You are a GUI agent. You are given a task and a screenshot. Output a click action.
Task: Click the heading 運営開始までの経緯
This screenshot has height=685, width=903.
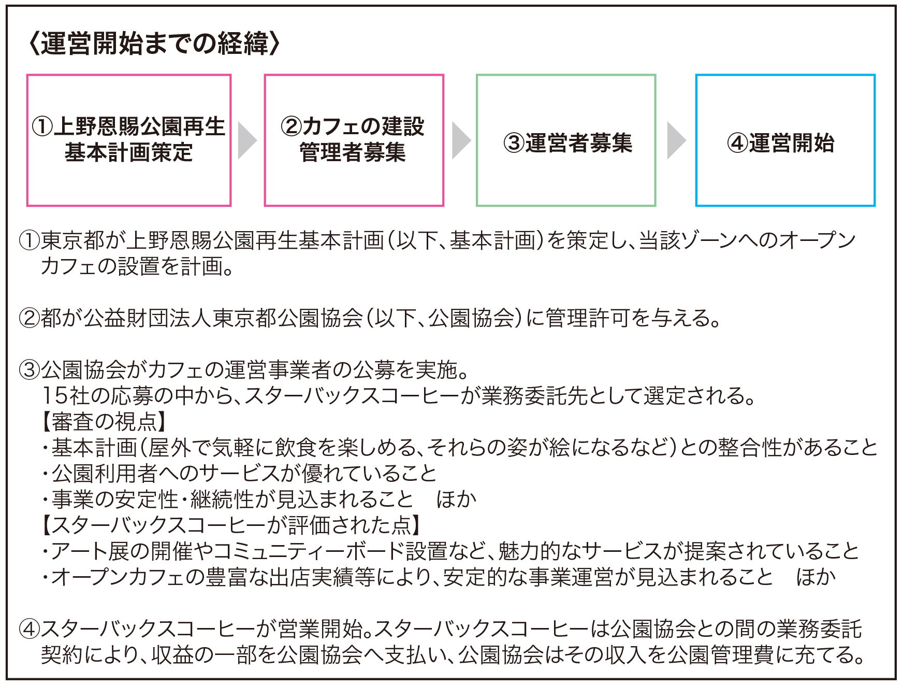tap(155, 43)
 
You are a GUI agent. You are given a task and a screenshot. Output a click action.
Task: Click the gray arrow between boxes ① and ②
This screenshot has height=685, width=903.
tap(247, 140)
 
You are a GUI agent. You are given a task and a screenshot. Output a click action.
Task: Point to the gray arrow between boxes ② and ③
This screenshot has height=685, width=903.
tap(461, 140)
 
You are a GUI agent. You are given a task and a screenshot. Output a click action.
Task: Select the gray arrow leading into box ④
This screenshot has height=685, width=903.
tap(677, 140)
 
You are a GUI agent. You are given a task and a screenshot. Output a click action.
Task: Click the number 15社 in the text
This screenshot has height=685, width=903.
tap(67, 396)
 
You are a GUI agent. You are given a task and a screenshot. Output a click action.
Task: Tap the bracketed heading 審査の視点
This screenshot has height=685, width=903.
tap(104, 422)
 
